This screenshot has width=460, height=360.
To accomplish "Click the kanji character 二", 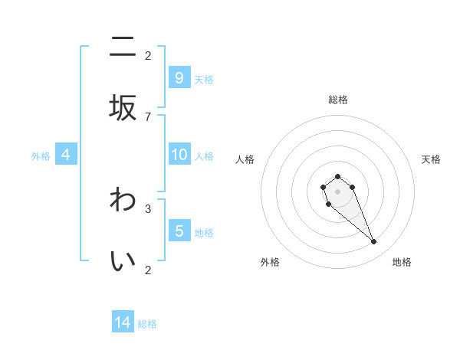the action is (123, 48).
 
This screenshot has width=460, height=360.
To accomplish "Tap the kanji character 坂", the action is (123, 106).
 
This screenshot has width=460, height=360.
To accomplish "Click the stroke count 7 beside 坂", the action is (148, 116).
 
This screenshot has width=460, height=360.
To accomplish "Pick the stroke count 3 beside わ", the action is (148, 208).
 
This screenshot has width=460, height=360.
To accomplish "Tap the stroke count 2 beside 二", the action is (148, 55).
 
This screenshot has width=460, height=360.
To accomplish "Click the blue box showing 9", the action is (179, 78).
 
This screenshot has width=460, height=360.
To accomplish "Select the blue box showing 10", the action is (179, 155).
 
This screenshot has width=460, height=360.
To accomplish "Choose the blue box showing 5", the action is (179, 231).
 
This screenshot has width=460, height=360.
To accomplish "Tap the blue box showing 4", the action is (66, 155).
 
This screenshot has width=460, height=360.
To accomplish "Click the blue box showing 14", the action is (123, 322).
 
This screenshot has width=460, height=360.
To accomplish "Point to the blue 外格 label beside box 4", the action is (41, 155).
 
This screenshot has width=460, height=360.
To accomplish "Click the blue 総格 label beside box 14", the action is (147, 324).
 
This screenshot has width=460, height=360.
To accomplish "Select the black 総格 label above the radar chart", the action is (337, 100).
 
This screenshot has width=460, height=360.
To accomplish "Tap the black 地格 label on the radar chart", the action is (402, 262).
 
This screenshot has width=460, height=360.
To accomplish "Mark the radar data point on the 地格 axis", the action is (374, 242).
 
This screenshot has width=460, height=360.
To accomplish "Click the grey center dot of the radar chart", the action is (337, 191).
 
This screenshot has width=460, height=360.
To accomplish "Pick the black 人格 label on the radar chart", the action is (245, 159).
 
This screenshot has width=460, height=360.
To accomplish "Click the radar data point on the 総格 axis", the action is (337, 176).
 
